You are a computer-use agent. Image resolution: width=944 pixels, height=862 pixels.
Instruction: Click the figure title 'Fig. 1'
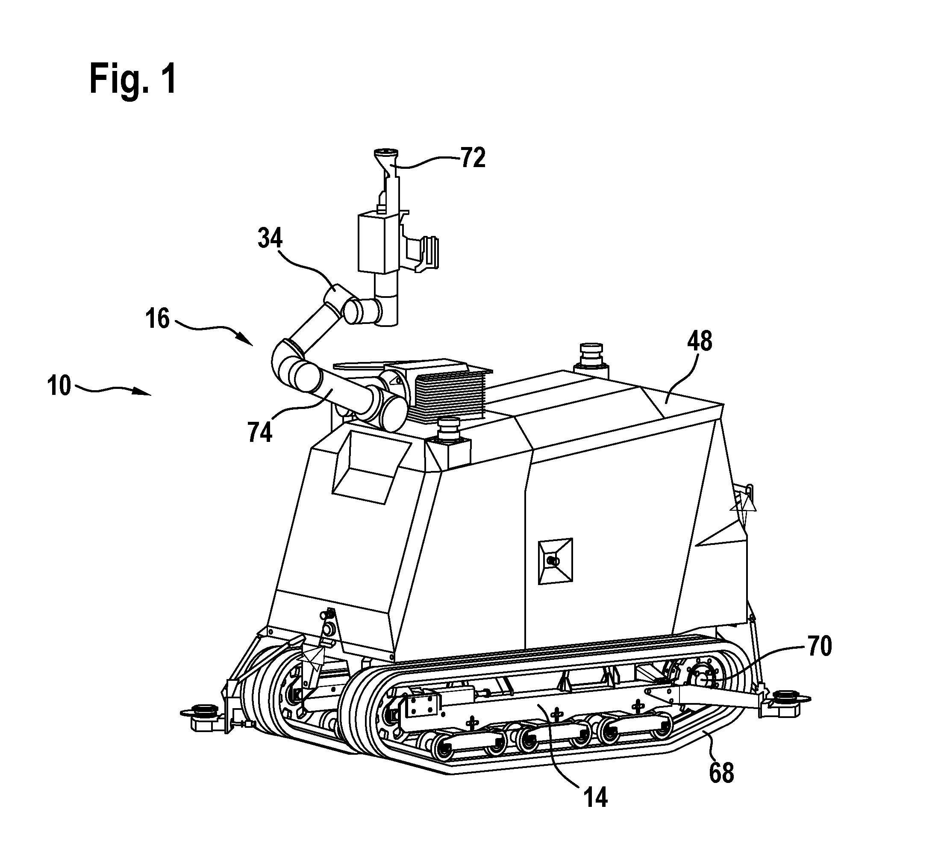point(133,80)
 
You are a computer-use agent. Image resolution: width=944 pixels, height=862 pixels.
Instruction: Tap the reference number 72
point(473,158)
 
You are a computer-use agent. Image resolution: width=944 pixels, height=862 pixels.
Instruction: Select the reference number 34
point(270,239)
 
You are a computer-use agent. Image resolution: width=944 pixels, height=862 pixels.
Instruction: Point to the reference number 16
point(157,319)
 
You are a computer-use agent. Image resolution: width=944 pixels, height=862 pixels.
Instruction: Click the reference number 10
point(59,387)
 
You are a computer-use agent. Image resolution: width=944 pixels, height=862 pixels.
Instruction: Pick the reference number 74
point(260,432)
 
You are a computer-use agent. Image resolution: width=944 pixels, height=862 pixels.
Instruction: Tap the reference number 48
point(700,341)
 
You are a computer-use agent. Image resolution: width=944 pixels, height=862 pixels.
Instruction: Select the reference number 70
point(818,647)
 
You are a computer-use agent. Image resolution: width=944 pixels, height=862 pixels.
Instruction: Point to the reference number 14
point(595,797)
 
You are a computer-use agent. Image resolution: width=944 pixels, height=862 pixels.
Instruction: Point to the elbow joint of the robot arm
point(285,358)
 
